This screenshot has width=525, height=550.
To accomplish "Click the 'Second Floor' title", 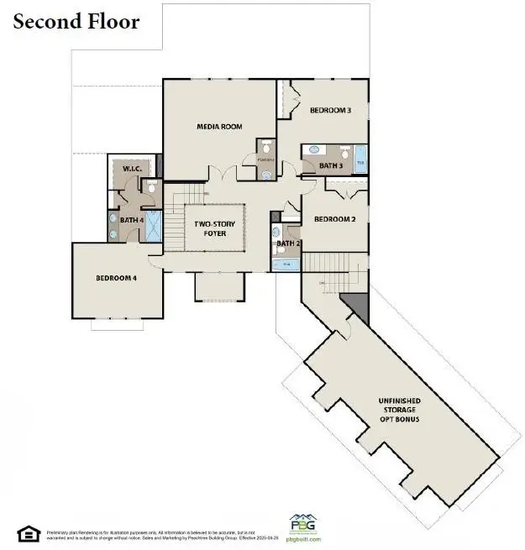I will (x=76, y=21).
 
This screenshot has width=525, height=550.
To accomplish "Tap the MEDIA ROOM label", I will (x=219, y=127).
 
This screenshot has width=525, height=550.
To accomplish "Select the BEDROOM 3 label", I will (x=330, y=110).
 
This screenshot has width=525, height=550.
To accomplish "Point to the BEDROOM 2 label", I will (x=334, y=219).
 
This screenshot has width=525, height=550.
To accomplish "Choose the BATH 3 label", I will (x=331, y=166).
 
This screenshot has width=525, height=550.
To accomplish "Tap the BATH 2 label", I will (x=287, y=244).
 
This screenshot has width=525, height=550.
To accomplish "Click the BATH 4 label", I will (x=132, y=220).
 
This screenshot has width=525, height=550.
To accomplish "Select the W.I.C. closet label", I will (x=131, y=169).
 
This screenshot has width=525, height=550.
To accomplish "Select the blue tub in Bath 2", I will (x=286, y=264).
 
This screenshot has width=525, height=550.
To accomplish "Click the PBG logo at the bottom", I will (x=303, y=524).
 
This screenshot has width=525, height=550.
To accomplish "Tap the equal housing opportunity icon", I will (x=28, y=533).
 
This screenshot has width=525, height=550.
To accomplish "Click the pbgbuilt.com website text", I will (x=303, y=541).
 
